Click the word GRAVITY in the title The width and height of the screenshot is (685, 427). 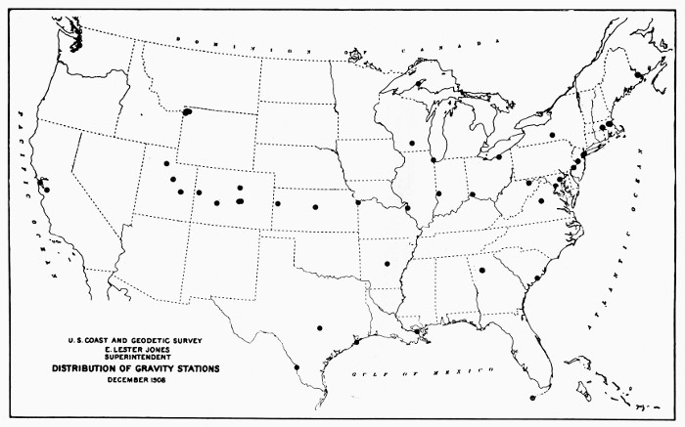click(x=143, y=368)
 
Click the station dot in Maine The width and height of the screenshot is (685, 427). click(x=638, y=74)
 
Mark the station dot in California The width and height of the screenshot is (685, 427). click(x=45, y=190)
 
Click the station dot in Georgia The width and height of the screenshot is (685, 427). click(x=481, y=272)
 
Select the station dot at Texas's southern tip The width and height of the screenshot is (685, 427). click(x=296, y=367)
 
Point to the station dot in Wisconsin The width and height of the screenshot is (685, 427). click(x=412, y=144)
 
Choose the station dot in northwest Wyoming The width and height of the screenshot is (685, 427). click(x=186, y=111)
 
